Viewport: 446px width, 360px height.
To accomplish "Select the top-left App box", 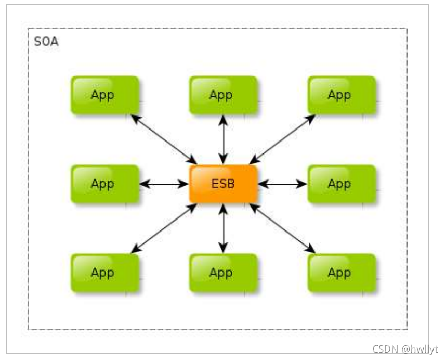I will (x=105, y=95).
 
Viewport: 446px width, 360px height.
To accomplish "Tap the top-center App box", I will (x=224, y=95).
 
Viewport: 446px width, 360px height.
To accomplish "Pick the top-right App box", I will (x=342, y=95).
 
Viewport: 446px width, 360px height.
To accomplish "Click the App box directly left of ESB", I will (x=105, y=184).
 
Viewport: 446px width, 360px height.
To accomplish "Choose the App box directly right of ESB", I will (x=342, y=184).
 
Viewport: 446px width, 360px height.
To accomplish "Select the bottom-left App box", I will (x=105, y=273).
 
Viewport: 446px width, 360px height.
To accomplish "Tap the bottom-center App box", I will (x=224, y=273).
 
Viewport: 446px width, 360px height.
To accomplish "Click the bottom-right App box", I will (x=342, y=273).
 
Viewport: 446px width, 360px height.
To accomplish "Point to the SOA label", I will (x=46, y=42).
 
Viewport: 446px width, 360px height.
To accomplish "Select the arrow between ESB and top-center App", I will (x=224, y=139).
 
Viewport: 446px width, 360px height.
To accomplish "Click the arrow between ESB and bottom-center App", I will (x=224, y=228).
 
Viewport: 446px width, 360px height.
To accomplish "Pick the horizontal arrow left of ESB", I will (x=164, y=184).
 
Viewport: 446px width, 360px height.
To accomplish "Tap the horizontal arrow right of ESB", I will (x=282, y=184).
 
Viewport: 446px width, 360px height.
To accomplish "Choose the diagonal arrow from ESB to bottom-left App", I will (x=164, y=228).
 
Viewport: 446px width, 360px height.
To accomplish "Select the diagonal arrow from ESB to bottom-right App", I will (x=283, y=228).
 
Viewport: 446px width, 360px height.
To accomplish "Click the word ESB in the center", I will (x=224, y=184).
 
